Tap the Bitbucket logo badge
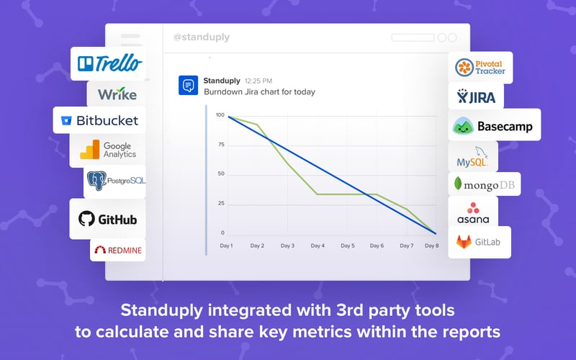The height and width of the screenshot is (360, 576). coord(99,120)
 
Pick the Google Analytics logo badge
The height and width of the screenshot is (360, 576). coord(109,150)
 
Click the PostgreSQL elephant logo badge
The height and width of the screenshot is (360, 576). coord(115,180)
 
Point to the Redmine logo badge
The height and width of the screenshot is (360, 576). coord(117,251)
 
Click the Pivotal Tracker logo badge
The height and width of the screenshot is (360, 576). coord(480,68)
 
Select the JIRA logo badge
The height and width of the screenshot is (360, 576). coord(476,96)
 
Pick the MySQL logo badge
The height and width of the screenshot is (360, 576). coord(472,156)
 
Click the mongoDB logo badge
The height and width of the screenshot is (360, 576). coord(484,184)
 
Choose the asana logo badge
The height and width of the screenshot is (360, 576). coord(472,212)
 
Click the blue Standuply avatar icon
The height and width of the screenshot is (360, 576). coord(188,86)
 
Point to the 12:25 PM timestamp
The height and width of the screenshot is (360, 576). coord(258,81)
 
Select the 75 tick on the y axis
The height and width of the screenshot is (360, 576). coord(220,145)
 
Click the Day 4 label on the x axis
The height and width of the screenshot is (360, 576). coord(318,246)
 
